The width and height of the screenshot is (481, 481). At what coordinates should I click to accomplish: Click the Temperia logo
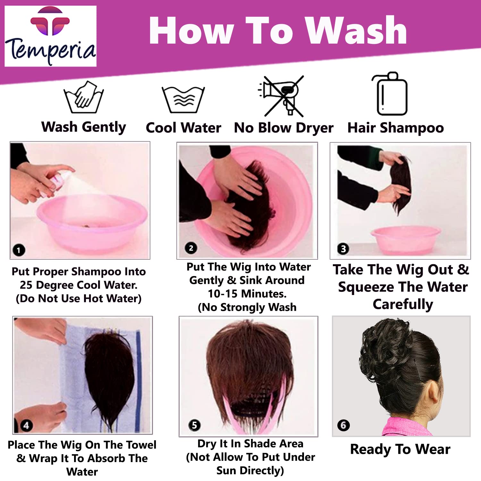tap(50, 36)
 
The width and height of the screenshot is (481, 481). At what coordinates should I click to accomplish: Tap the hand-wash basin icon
tap(84, 97)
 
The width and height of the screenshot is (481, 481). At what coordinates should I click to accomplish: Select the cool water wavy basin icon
tap(183, 99)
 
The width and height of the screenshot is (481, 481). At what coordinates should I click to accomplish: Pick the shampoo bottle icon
tap(390, 94)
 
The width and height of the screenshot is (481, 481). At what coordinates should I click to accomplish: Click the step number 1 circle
tap(19, 250)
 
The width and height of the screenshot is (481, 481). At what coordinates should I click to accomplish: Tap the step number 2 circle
tap(191, 248)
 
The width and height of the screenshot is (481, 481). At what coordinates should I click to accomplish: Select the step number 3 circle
tap(343, 249)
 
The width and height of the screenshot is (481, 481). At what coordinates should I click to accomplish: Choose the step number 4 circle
tap(26, 425)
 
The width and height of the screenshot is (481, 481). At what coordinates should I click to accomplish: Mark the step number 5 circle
tap(194, 425)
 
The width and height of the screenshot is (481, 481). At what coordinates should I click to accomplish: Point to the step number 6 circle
tap(343, 425)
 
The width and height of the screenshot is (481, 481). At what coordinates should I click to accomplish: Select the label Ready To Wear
tap(400, 449)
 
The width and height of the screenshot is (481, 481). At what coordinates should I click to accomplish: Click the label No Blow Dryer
tap(283, 128)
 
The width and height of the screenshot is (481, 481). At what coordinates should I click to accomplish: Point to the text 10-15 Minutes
tap(247, 293)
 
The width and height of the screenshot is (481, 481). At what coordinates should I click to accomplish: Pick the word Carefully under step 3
tap(403, 304)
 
